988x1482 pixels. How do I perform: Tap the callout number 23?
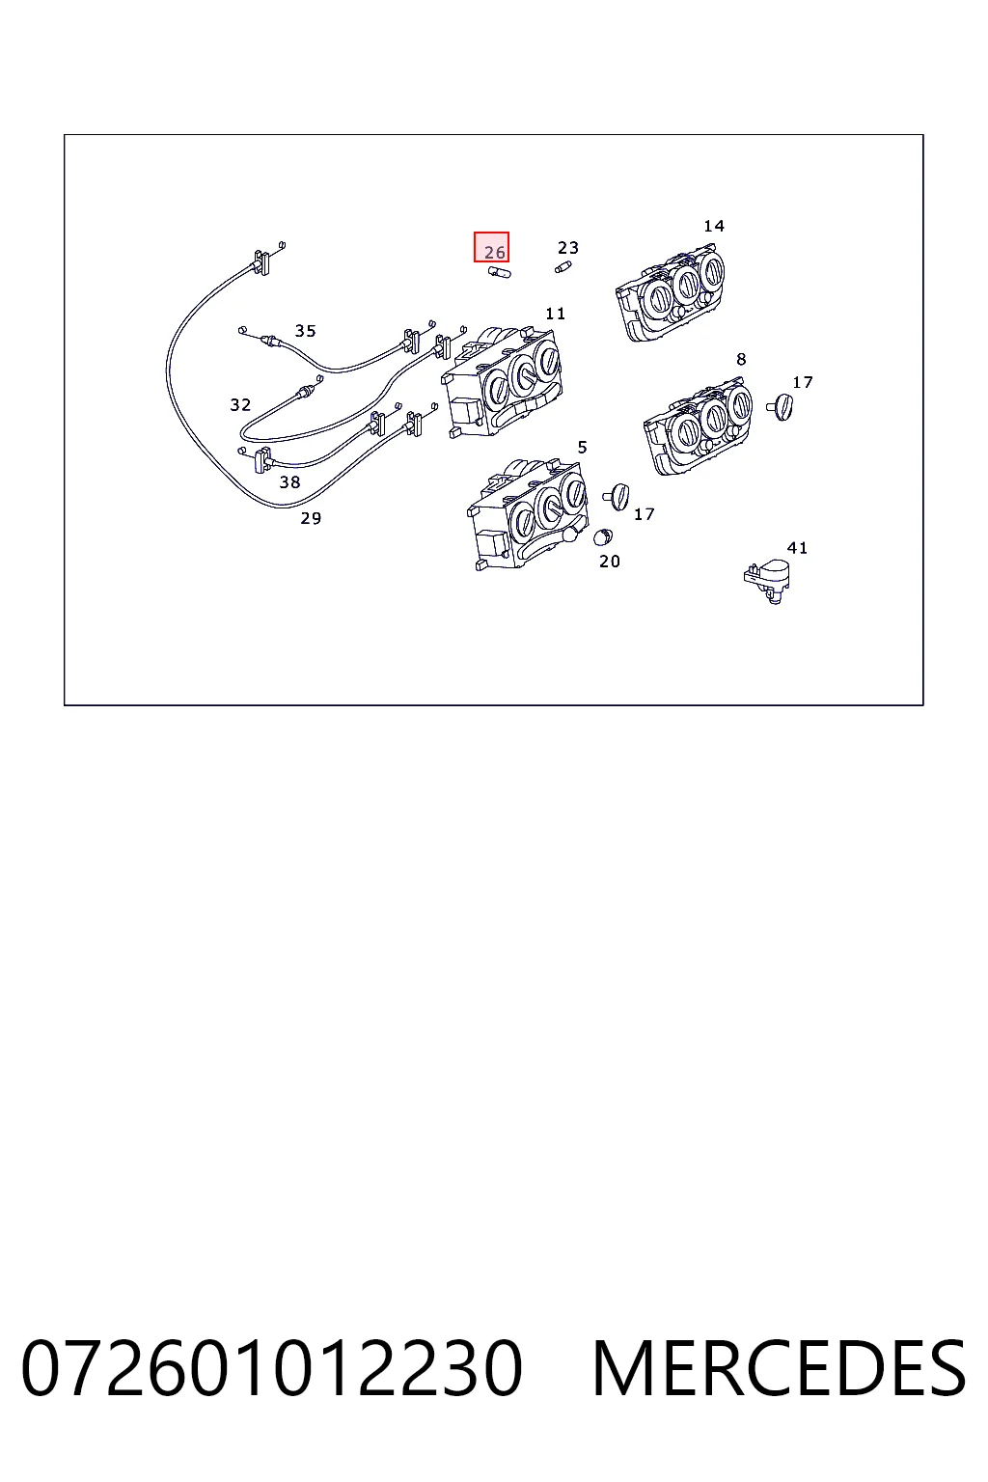[x=567, y=247]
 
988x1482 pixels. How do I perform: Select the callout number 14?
[x=713, y=227]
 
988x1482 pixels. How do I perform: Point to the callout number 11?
[x=555, y=314]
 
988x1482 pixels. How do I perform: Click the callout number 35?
[x=305, y=331]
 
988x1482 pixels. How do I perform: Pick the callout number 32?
[x=240, y=404]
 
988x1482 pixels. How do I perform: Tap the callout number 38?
[x=289, y=482]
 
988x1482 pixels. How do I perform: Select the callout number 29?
[x=311, y=518]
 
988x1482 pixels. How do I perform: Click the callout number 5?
[x=583, y=448]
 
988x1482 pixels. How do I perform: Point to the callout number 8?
[x=741, y=359]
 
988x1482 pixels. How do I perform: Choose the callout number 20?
[x=610, y=561]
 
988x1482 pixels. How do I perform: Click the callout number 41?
[x=797, y=548]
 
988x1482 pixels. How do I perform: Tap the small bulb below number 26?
[x=499, y=272]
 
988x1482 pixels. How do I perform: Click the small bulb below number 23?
[x=563, y=267]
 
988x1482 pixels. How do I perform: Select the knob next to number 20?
[x=603, y=535]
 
